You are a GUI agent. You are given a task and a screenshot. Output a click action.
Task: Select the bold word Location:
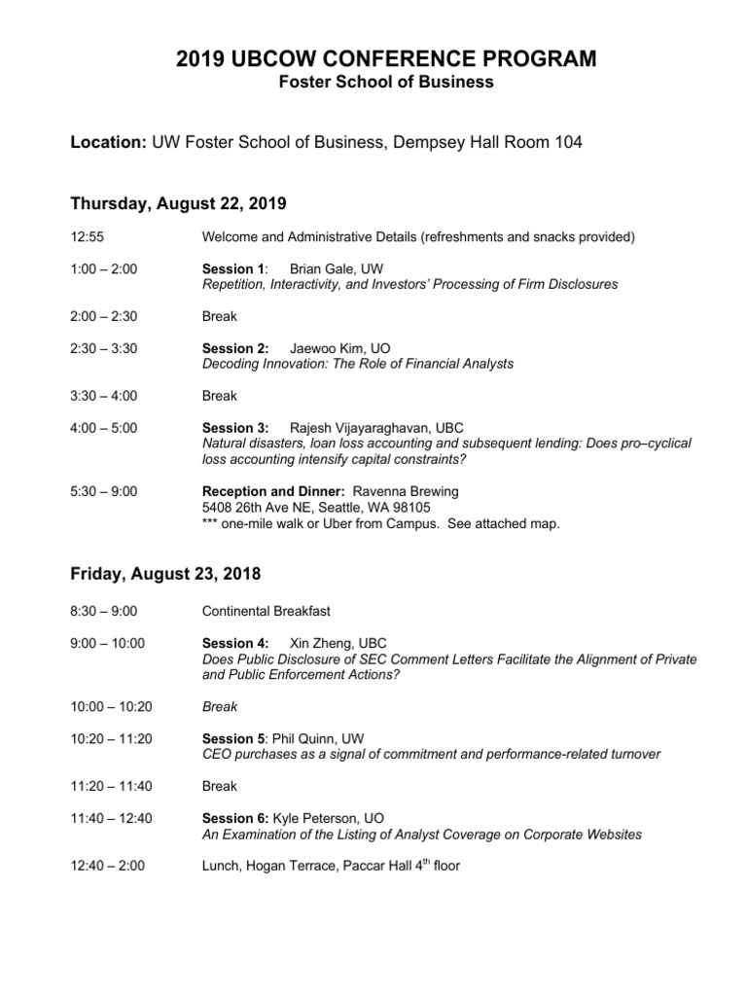[107, 143]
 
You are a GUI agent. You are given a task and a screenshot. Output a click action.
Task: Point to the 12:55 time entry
[87, 236]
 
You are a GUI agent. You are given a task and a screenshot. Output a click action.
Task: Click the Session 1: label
[233, 268]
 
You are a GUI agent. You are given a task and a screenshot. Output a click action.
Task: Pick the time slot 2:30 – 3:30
[104, 348]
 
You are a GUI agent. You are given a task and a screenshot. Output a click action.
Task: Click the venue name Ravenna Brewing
[406, 491]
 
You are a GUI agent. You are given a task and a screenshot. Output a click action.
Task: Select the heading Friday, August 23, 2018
[165, 574]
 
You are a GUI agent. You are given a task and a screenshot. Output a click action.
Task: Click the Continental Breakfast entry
[266, 611]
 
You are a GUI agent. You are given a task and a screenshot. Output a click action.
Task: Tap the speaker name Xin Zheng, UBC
[338, 643]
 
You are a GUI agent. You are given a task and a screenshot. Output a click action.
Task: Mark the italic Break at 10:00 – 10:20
[219, 706]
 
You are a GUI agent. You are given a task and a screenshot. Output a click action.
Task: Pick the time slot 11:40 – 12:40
[111, 819]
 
